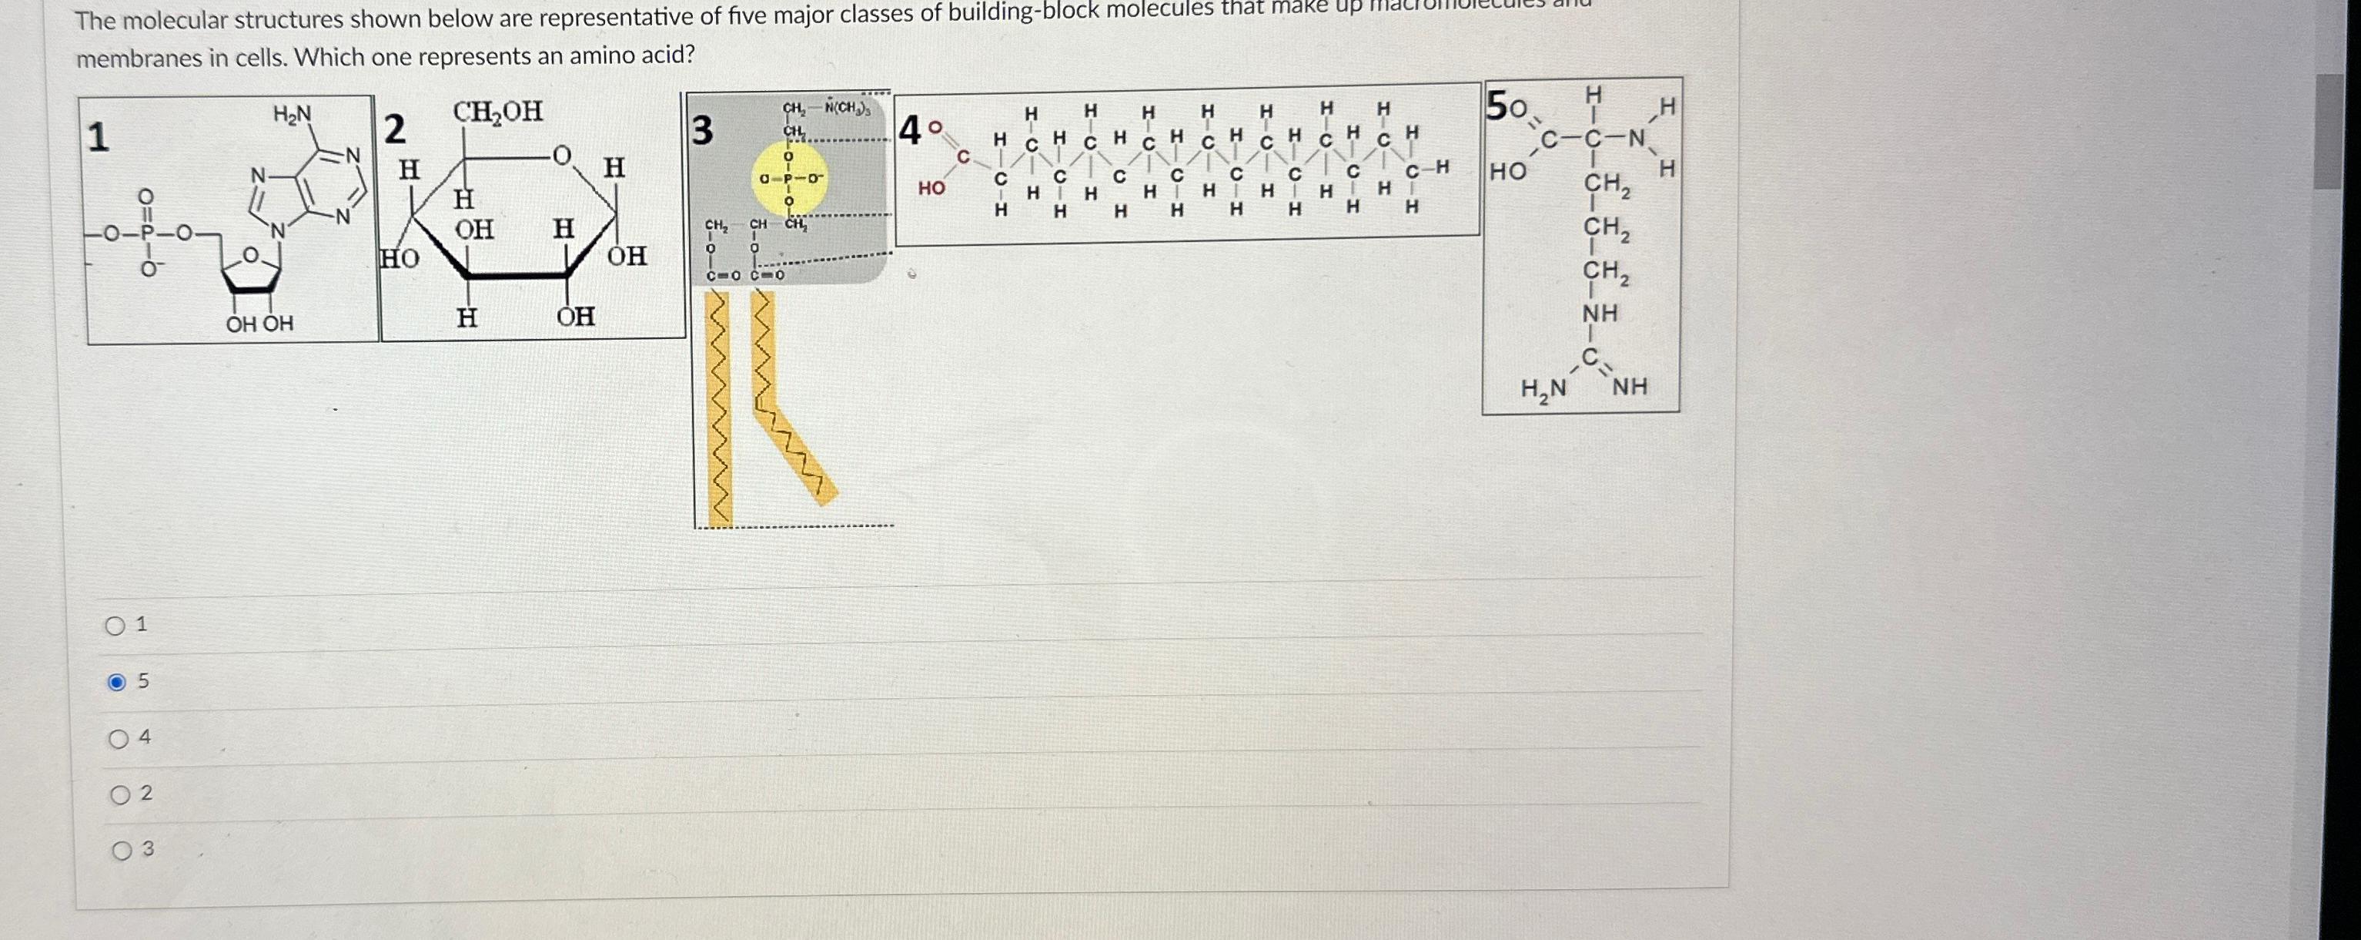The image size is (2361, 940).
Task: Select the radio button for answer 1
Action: pos(115,626)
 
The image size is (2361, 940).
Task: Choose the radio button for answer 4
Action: pos(119,739)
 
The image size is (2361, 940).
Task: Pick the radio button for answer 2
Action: pos(120,795)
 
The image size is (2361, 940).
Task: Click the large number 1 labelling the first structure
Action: pos(98,138)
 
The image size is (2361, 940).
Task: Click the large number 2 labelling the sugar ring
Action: pos(394,129)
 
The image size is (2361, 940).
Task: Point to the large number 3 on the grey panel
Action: pos(701,131)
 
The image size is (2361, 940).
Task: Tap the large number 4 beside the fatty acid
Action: pos(910,131)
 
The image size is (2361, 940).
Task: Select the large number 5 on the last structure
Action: pos(1495,106)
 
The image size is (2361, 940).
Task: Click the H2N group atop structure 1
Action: pos(293,115)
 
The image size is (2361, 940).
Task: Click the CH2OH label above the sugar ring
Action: pos(497,112)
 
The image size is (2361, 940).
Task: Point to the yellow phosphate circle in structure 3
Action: pos(788,179)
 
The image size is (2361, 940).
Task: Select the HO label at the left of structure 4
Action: pos(931,188)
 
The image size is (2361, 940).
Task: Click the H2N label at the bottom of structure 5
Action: pos(1543,389)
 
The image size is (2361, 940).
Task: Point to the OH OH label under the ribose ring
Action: pos(259,324)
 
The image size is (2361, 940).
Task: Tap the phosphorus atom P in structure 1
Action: pos(145,234)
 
